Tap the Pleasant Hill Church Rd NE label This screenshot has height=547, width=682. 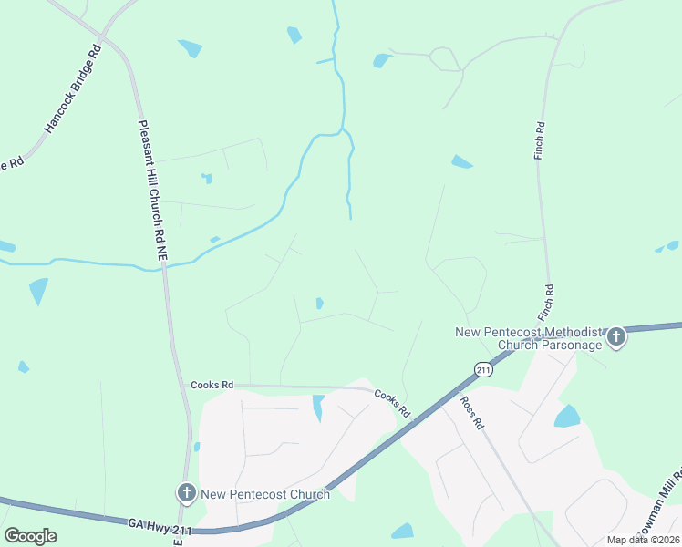click(152, 192)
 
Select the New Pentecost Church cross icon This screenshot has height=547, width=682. click(186, 494)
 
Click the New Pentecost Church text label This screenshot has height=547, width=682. click(265, 494)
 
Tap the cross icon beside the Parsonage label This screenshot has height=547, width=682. click(616, 338)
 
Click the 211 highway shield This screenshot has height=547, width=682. click(483, 369)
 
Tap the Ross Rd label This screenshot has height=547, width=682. click(471, 412)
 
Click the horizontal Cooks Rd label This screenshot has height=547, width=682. click(212, 386)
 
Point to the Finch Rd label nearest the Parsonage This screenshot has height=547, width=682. click(549, 300)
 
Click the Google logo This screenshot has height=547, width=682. click(30, 536)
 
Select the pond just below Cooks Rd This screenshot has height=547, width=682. click(318, 406)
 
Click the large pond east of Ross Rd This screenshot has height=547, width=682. click(567, 417)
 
